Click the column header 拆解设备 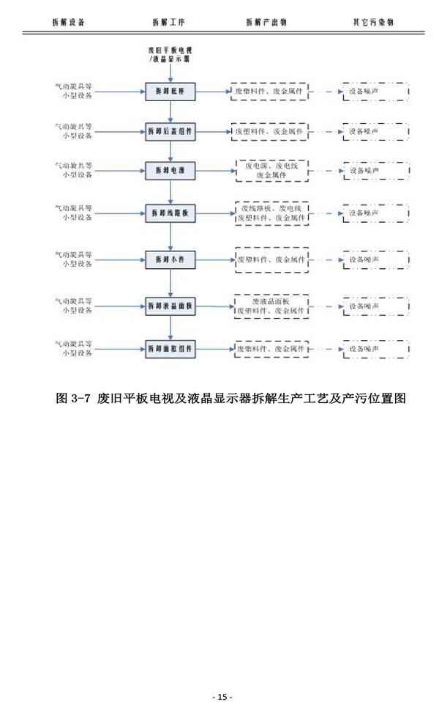[69, 22]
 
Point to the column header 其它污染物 [373, 22]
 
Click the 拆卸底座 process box [170, 92]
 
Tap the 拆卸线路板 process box [170, 214]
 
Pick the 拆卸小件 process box [170, 259]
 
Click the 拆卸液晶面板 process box [170, 306]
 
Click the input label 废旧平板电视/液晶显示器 [170, 53]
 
